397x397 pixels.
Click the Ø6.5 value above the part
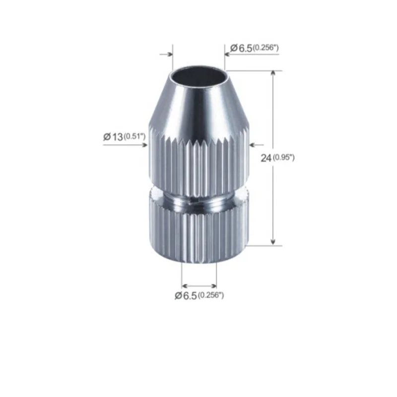coord(242,48)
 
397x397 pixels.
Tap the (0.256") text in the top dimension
coord(265,48)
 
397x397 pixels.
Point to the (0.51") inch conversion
coord(134,137)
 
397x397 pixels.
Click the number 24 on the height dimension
coord(266,158)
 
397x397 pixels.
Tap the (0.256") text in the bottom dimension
coord(211,296)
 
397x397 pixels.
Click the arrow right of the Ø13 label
coord(144,145)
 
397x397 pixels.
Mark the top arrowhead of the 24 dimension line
coord(273,74)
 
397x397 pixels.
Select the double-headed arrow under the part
coord(199,285)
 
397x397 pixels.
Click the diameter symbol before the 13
coord(107,137)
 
